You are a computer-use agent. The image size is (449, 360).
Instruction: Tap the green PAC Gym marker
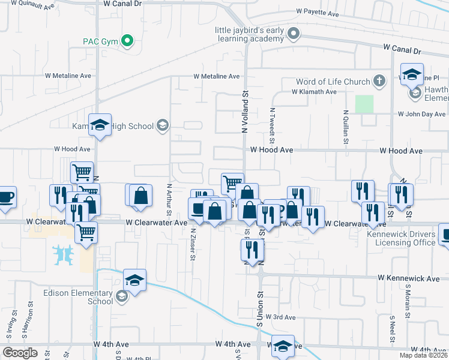pos(127,41)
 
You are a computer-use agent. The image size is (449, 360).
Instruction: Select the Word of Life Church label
pos(332,82)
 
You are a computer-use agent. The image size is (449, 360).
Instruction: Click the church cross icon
pos(379,80)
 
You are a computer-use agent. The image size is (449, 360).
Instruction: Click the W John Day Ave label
pos(423,114)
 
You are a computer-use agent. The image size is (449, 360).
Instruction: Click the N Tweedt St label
pos(272,121)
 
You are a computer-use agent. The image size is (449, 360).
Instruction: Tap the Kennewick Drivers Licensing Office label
pos(405,238)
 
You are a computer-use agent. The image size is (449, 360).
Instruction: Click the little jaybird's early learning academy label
pos(250,34)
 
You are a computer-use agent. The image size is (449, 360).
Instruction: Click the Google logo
pos(20,352)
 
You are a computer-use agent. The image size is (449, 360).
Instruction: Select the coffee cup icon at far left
pos(5,197)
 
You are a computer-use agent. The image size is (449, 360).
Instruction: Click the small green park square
pos(364,104)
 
